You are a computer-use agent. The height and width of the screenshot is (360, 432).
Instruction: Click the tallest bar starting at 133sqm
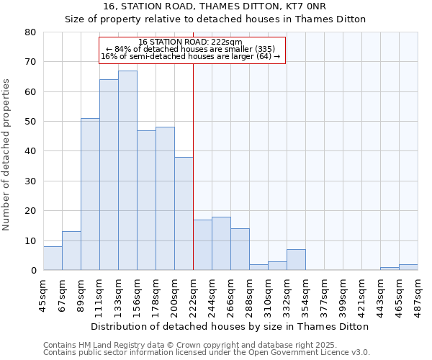[127, 171]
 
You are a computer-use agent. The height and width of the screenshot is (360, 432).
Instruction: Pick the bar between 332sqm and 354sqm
[296, 260]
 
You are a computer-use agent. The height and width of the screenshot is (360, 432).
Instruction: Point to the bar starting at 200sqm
[184, 214]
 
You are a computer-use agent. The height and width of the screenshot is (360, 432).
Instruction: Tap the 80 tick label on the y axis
[30, 32]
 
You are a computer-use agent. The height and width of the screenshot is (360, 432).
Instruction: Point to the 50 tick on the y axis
[30, 122]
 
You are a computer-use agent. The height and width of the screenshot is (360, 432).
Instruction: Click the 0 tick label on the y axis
[33, 271]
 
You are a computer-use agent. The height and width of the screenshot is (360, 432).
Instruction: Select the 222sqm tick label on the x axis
[193, 295]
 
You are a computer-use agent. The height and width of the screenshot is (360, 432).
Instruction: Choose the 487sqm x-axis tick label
[418, 295]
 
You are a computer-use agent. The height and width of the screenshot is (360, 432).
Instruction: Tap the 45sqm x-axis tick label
[43, 295]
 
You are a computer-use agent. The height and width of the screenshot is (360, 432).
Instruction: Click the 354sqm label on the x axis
[305, 295]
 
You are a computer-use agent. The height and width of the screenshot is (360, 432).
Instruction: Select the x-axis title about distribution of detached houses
[230, 326]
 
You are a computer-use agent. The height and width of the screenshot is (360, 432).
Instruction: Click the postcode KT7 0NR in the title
[254, 6]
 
